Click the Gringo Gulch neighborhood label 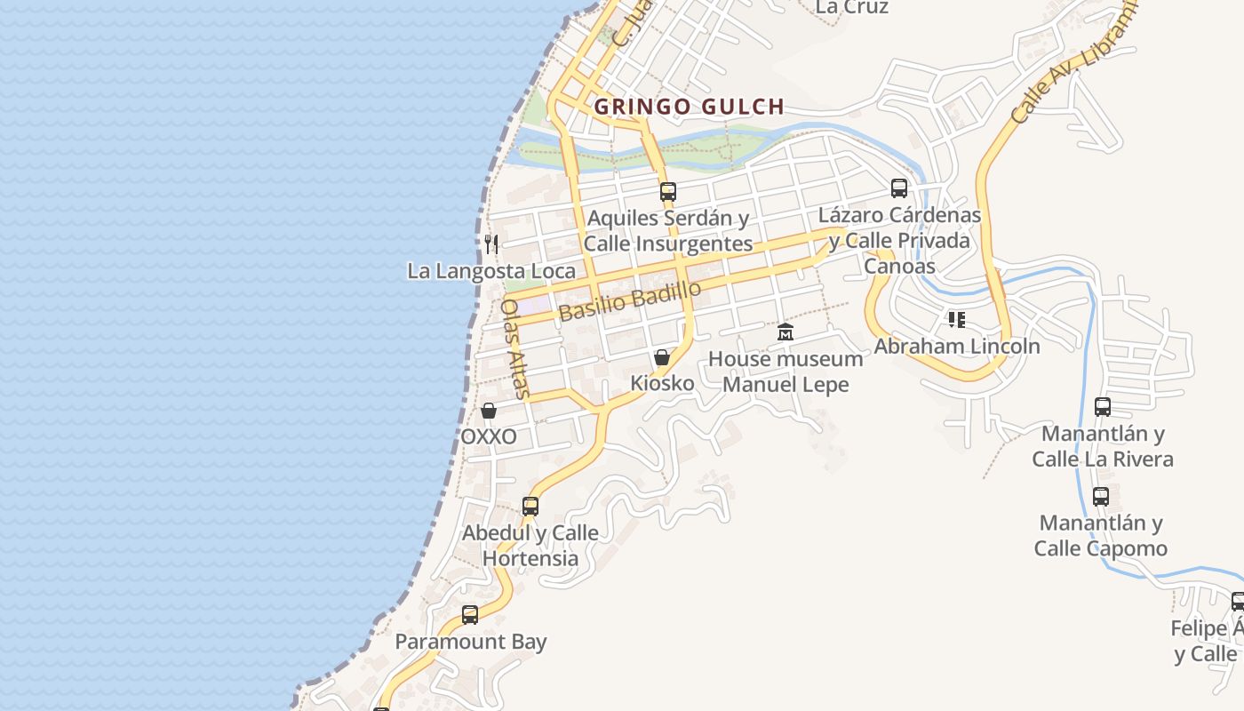click(x=689, y=107)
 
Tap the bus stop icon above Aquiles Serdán click(x=668, y=191)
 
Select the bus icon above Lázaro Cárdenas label click(x=899, y=188)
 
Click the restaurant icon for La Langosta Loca click(x=490, y=244)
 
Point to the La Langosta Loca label click(x=491, y=271)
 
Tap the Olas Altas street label click(x=514, y=348)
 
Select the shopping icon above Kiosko click(x=662, y=357)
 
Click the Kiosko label click(x=662, y=383)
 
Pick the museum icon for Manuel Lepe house click(x=785, y=332)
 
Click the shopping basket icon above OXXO click(x=489, y=411)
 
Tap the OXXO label click(x=489, y=436)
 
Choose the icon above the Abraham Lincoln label click(x=957, y=319)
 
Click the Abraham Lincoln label click(x=957, y=346)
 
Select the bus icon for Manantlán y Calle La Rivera click(x=1103, y=407)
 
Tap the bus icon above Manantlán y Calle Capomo click(x=1101, y=496)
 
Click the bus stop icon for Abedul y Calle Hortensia click(x=530, y=507)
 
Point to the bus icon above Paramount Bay click(x=470, y=614)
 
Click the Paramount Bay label click(x=470, y=642)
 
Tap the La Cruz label click(x=851, y=7)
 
